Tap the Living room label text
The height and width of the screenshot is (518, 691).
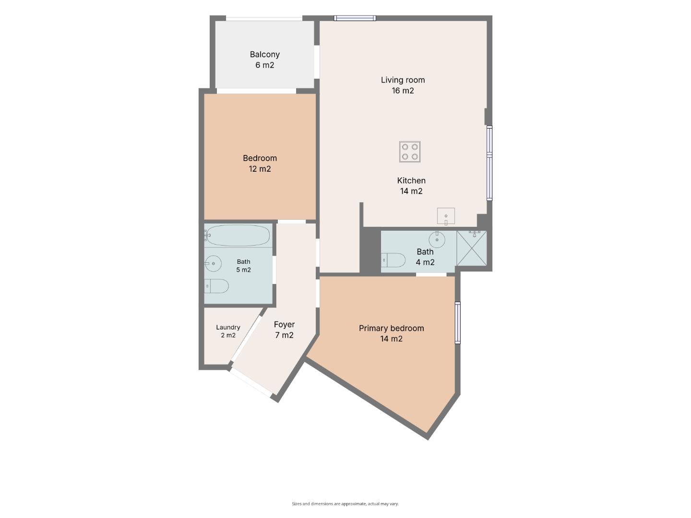tap(403, 80)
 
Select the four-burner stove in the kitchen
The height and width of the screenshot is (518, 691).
tap(410, 152)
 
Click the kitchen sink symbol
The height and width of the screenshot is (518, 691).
tap(446, 216)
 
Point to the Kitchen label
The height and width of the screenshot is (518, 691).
tap(411, 180)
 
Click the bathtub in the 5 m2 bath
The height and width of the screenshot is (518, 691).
tap(237, 235)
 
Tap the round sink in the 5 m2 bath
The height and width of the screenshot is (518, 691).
tap(213, 263)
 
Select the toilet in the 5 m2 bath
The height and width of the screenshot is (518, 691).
tap(216, 286)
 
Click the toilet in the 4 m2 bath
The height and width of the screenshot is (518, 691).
tap(393, 260)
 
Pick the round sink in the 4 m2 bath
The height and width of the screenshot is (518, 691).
tap(437, 239)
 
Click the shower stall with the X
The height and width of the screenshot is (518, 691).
tap(471, 248)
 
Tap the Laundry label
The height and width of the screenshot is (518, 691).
tap(228, 328)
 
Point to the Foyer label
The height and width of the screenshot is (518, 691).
tap(284, 325)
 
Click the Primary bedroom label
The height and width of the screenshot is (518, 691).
tap(391, 329)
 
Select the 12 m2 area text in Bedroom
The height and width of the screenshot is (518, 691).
tap(260, 169)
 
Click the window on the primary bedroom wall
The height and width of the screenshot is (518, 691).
tap(458, 323)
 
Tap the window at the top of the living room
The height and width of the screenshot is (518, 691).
tap(355, 18)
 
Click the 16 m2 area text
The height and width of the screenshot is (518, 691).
tap(403, 91)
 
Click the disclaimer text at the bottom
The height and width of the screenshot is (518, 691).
tap(345, 504)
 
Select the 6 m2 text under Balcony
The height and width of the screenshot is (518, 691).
tap(264, 65)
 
